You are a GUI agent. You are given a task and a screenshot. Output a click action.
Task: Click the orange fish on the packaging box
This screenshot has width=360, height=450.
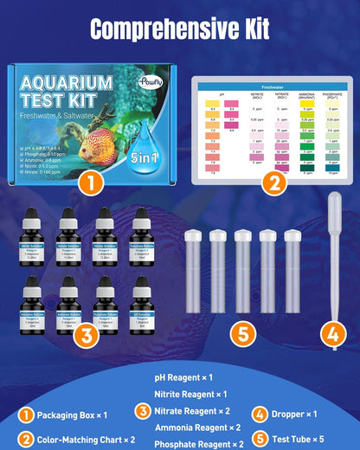pyautogui.click(x=94, y=143)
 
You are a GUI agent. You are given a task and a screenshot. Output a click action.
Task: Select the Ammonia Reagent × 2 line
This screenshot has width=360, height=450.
pyautogui.click(x=198, y=427)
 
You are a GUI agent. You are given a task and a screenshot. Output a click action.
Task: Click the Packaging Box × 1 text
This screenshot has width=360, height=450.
pyautogui.click(x=65, y=414)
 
